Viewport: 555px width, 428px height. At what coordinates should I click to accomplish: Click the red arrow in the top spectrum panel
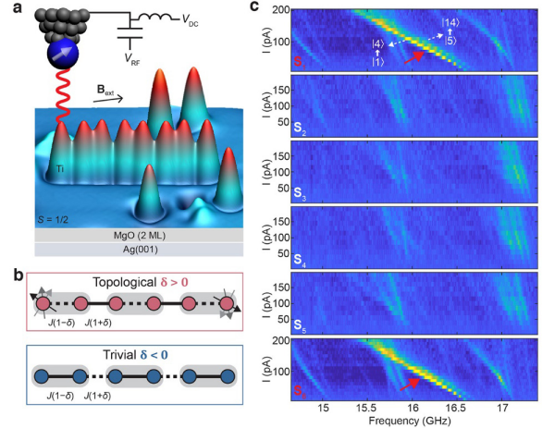tap(411, 60)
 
